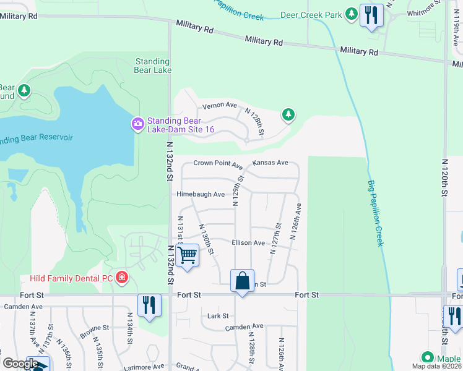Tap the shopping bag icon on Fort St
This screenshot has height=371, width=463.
(243, 281)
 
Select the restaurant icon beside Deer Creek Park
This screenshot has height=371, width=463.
(371, 15)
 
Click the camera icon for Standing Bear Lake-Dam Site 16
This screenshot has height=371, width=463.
(137, 124)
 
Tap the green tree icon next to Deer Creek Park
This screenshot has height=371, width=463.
(352, 12)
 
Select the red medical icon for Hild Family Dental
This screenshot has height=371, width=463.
(123, 278)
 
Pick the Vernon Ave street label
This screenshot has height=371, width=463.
(220, 105)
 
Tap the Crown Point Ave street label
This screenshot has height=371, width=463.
(217, 164)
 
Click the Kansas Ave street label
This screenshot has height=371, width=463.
(270, 163)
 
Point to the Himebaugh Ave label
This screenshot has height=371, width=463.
(200, 194)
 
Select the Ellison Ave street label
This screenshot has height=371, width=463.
(248, 243)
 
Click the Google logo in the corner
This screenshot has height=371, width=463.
(20, 364)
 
